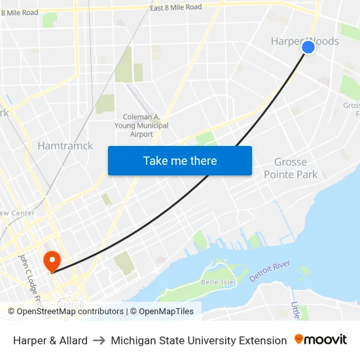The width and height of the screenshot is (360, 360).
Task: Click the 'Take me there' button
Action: (180, 160)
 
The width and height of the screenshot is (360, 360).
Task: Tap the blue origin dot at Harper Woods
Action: (308, 47)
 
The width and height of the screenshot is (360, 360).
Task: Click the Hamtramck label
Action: (65, 145)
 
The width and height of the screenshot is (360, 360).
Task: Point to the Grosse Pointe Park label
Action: (291, 168)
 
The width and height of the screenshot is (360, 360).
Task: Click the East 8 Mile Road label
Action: (175, 7)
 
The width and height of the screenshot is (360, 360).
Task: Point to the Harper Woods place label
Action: (304, 41)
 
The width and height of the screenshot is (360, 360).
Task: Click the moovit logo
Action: (321, 340)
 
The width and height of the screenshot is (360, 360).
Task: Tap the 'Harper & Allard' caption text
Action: (50, 340)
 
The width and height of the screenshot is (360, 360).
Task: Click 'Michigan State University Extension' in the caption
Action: (199, 340)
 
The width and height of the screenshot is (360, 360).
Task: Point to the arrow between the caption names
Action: (99, 340)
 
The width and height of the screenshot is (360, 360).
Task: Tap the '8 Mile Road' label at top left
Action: (20, 12)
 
